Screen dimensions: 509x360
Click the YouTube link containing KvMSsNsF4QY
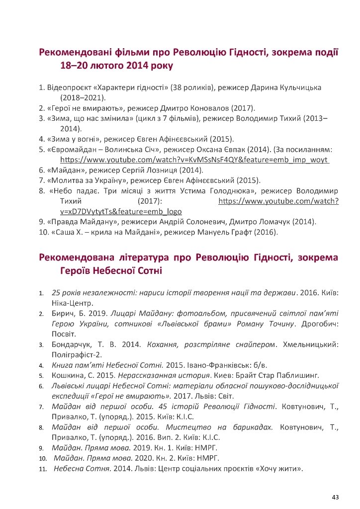tap(195, 160)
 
